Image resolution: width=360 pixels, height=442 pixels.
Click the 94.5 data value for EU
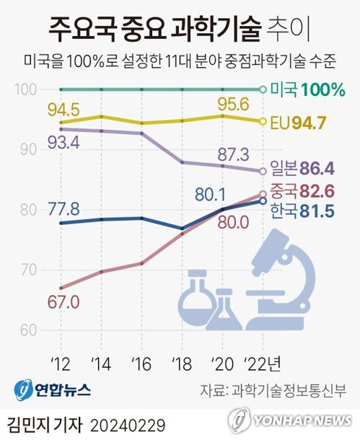63,110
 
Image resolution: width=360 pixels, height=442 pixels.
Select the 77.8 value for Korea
63,209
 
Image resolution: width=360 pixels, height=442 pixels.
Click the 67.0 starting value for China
63,301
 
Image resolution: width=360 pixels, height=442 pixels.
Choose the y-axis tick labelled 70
27,270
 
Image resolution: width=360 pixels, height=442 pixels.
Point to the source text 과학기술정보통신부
297,390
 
